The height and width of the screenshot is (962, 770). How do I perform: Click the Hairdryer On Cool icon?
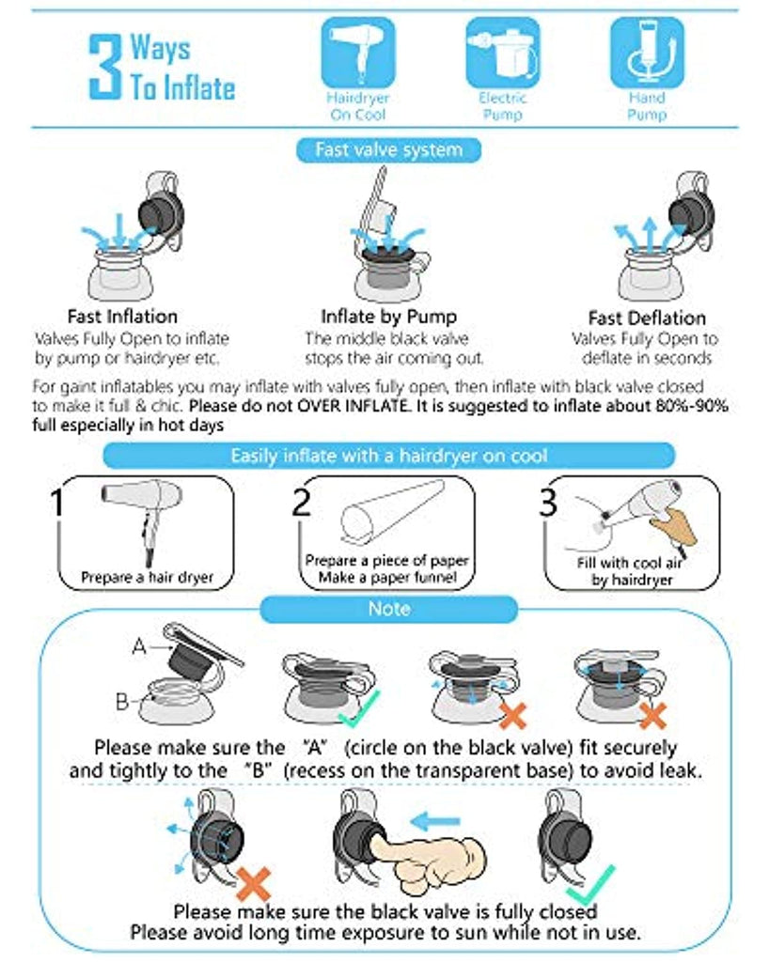(358, 53)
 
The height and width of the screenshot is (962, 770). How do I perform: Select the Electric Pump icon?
(502, 53)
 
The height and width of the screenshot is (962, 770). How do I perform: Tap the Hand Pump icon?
(647, 53)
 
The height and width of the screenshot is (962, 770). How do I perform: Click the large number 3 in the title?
(105, 67)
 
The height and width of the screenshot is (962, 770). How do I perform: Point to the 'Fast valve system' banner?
(388, 149)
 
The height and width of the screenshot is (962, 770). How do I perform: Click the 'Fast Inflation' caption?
(122, 317)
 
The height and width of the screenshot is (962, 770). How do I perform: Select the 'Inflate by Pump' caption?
(388, 317)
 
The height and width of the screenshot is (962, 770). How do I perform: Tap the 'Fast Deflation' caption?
(647, 318)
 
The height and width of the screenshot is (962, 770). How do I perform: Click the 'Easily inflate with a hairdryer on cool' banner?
(388, 456)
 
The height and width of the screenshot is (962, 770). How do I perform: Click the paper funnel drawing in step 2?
(391, 513)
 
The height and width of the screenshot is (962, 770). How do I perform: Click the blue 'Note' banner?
(388, 609)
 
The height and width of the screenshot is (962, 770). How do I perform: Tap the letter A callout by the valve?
(139, 646)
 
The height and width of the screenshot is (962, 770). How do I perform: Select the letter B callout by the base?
(122, 701)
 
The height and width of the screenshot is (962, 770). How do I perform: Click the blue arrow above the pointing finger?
(434, 821)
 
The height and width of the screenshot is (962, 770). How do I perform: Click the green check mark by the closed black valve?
(590, 885)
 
